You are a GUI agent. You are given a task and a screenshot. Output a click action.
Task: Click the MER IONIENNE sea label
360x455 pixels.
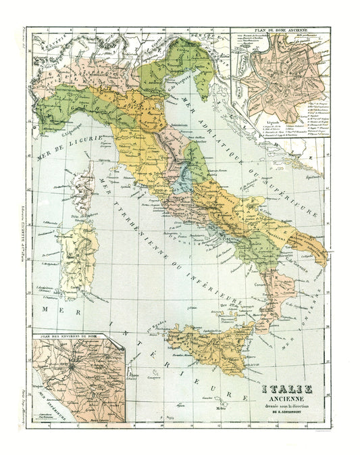[315, 318]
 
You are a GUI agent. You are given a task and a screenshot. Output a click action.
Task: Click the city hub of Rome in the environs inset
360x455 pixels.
[69, 368]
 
